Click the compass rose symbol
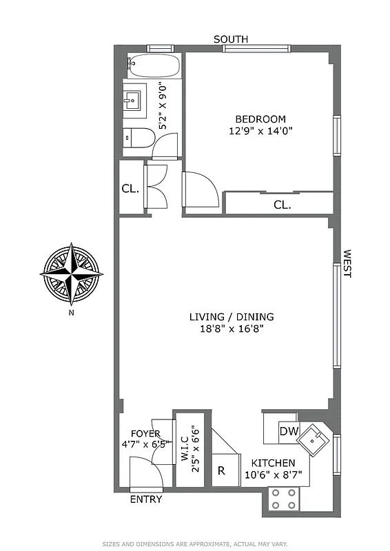(71, 273)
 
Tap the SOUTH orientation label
(231, 39)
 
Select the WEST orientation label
(347, 264)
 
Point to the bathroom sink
(134, 101)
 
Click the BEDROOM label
(260, 119)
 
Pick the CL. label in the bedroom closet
(282, 205)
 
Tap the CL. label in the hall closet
(130, 187)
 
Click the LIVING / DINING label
(232, 317)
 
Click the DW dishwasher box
(288, 431)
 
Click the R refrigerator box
(221, 471)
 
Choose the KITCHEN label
(273, 463)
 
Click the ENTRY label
(146, 499)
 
